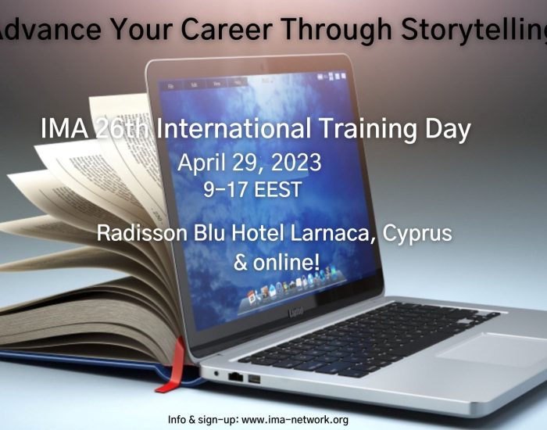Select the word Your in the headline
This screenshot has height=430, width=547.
tap(141, 29)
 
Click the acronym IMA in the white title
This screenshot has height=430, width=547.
tap(65, 128)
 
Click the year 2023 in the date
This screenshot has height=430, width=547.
tap(296, 163)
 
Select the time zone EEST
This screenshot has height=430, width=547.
tap(277, 189)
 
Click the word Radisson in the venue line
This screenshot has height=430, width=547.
tap(142, 233)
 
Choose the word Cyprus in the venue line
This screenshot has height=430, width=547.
tap(417, 234)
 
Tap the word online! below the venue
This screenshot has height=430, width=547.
tap(286, 263)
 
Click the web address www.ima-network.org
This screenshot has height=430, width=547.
tap(295, 420)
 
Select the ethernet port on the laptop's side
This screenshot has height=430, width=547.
tap(235, 377)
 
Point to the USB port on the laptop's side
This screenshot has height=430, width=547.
tap(254, 379)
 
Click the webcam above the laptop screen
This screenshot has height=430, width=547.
tap(262, 65)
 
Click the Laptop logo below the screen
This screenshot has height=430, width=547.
tap(296, 310)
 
